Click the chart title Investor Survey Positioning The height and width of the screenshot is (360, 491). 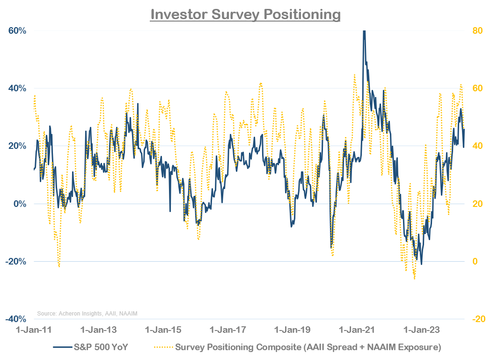point(245,14)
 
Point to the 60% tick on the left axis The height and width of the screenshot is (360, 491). point(17,31)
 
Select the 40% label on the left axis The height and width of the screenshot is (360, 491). point(17,88)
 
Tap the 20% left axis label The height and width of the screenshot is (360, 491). point(17,146)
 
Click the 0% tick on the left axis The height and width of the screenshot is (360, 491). point(19,204)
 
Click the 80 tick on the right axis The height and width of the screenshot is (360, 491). point(476,31)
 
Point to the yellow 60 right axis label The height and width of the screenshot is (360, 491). point(476,88)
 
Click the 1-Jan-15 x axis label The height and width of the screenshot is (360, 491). point(163,330)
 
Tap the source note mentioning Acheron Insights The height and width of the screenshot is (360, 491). point(87,313)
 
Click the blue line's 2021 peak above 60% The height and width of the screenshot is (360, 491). point(364,32)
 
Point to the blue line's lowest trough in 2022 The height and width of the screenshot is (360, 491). point(421,264)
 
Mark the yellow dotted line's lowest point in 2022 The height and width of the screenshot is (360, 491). point(414,279)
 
